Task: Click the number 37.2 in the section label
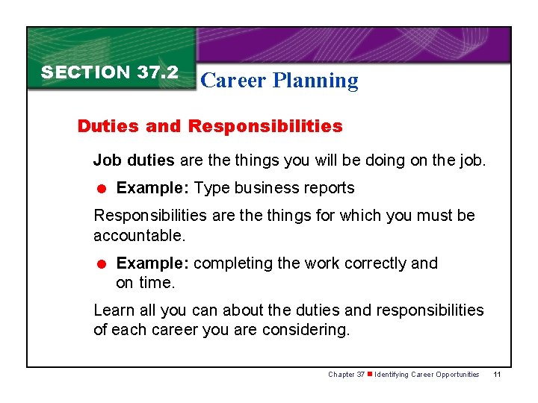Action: tap(158, 72)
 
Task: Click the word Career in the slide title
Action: tap(232, 81)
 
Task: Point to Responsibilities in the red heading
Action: tap(265, 126)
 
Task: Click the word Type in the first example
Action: tap(209, 188)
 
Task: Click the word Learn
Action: tap(114, 310)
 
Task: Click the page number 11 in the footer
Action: tap(497, 375)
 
